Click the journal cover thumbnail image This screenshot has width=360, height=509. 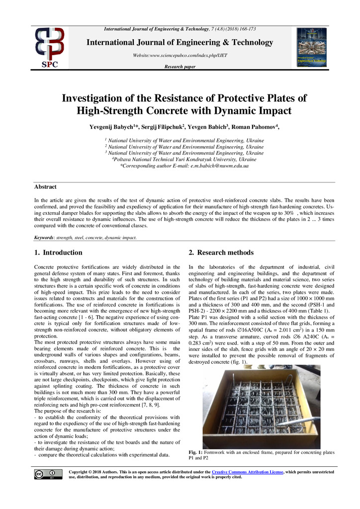coord(311,48)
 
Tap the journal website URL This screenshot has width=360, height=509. coord(180,55)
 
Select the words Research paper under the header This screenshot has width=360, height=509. coord(180,67)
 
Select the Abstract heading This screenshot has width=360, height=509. coord(45,187)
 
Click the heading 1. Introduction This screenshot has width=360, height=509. coord(58,253)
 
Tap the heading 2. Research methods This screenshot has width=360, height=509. coord(221,253)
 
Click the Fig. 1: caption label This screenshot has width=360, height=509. coord(198,452)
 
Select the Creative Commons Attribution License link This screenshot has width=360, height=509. coord(247,471)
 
